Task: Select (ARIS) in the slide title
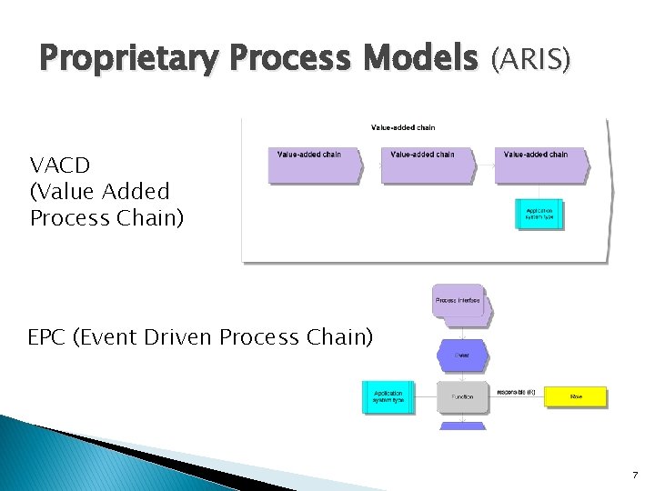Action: coord(531,60)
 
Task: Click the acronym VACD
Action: coord(59,165)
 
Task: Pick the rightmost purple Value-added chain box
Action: coord(539,164)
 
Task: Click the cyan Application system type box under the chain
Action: coord(539,215)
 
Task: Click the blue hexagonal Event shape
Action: coord(462,355)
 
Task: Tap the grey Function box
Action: coord(462,396)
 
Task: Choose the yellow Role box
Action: coord(575,396)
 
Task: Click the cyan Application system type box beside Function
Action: coord(388,396)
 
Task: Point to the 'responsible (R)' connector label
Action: coord(517,392)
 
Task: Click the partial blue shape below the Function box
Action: coord(462,426)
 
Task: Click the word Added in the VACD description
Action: coord(136,192)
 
